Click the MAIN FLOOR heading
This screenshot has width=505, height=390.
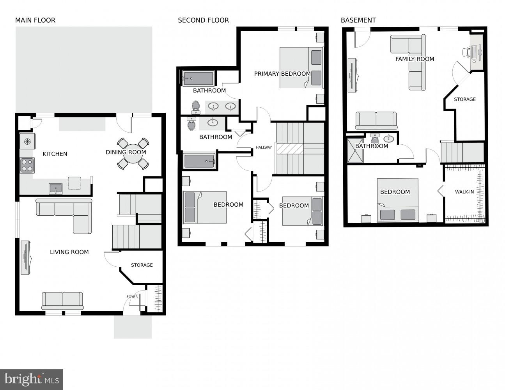click(x=35, y=20)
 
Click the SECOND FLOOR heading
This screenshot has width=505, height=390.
click(x=203, y=20)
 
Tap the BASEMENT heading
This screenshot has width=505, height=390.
click(x=358, y=20)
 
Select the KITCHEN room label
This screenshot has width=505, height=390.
click(x=55, y=154)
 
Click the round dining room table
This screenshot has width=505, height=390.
click(x=133, y=153)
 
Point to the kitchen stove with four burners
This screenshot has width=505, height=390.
click(x=27, y=165)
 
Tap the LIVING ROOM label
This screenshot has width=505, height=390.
click(x=69, y=252)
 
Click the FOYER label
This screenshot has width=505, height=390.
click(x=132, y=297)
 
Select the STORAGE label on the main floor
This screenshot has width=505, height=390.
click(x=142, y=265)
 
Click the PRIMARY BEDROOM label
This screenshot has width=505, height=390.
click(x=282, y=74)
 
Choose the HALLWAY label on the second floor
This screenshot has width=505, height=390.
click(x=264, y=147)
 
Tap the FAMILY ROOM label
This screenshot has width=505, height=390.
click(x=415, y=59)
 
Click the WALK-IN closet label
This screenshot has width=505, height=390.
click(x=464, y=192)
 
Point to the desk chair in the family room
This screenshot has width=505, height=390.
click(x=466, y=52)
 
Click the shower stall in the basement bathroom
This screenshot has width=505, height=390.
click(x=355, y=151)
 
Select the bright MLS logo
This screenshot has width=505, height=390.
click(x=31, y=379)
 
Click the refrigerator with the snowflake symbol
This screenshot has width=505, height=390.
click(x=27, y=141)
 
